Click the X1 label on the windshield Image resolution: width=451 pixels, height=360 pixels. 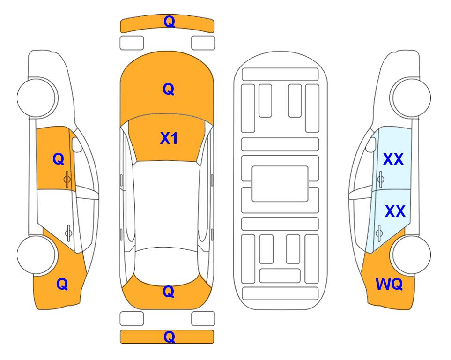[169, 138]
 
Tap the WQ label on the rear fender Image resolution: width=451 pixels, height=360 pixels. [389, 284]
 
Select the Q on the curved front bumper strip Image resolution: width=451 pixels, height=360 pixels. [169, 22]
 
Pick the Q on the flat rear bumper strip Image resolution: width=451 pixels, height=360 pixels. [169, 337]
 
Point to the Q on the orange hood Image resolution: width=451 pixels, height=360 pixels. [169, 89]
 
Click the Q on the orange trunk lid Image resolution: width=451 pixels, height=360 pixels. [169, 292]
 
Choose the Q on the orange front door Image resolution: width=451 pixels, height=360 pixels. [59, 159]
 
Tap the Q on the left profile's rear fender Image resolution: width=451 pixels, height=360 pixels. [62, 284]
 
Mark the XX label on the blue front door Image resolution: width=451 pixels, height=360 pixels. [393, 159]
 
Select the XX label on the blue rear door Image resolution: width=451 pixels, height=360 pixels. [395, 211]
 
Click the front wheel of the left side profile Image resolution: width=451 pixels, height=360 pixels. [37, 97]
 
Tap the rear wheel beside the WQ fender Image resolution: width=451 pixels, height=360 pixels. [411, 255]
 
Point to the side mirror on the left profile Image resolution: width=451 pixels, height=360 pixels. [77, 144]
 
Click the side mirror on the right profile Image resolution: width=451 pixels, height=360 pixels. [371, 144]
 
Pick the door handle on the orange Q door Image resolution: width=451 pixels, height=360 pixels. [67, 179]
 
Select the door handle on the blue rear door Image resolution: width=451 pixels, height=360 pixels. [379, 233]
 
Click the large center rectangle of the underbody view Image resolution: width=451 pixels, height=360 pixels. [280, 184]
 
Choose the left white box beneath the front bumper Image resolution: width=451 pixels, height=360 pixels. [132, 43]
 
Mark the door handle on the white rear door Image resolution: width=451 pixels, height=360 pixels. [68, 233]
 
